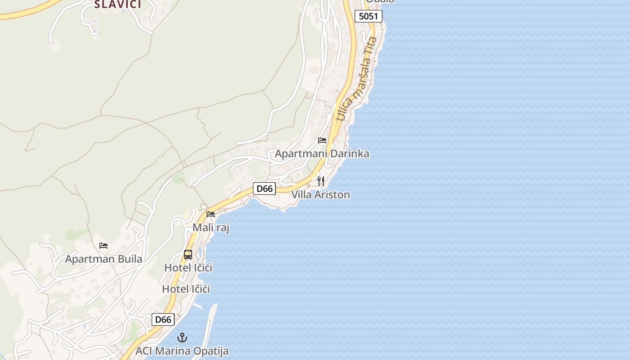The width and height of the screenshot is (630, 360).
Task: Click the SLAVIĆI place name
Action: pos(117,4)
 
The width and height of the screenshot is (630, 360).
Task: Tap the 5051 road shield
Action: pos(369,17)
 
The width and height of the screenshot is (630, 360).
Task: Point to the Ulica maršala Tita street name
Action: pos(357,79)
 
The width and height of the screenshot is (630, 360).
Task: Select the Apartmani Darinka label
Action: pos(322,153)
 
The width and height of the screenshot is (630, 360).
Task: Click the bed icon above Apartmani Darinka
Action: pos(322,140)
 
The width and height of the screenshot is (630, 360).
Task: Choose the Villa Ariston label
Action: pos(320,195)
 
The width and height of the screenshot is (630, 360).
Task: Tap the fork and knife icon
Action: pos(321,181)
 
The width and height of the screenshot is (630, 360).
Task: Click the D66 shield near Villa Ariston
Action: pos(264,189)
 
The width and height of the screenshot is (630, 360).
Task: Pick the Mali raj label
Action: pos(211,228)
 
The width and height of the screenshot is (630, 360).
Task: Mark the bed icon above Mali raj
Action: pos(211,214)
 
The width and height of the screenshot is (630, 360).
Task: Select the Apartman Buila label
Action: pos(103,259)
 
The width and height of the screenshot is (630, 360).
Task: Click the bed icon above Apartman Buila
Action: pos(103,246)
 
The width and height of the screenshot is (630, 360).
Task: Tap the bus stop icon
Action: pos(188,254)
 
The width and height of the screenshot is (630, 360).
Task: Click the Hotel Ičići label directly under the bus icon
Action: pos(188,268)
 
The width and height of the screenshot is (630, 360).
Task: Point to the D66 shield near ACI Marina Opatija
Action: pos(163,319)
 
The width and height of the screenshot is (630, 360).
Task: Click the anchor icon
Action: pos(182,337)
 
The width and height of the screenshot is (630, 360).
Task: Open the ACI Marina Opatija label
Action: pos(182,351)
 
